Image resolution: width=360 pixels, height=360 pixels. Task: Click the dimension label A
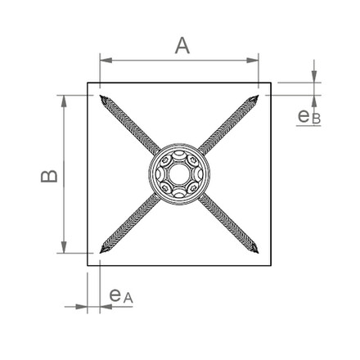click(182, 46)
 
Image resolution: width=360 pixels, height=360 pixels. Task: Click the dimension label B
click(49, 176)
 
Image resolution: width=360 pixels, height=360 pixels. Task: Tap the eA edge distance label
click(121, 296)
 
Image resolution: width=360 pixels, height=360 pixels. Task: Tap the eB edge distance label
click(309, 117)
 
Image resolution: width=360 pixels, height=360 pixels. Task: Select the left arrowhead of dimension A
click(106, 61)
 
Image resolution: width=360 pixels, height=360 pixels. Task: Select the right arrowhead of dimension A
click(252, 61)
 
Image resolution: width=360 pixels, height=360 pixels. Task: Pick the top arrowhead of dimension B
click(64, 101)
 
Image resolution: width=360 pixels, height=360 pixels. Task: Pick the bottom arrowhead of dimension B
click(64, 247)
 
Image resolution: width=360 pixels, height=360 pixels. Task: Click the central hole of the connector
click(178, 174)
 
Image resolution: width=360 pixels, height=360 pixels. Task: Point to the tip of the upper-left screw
click(100, 95)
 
